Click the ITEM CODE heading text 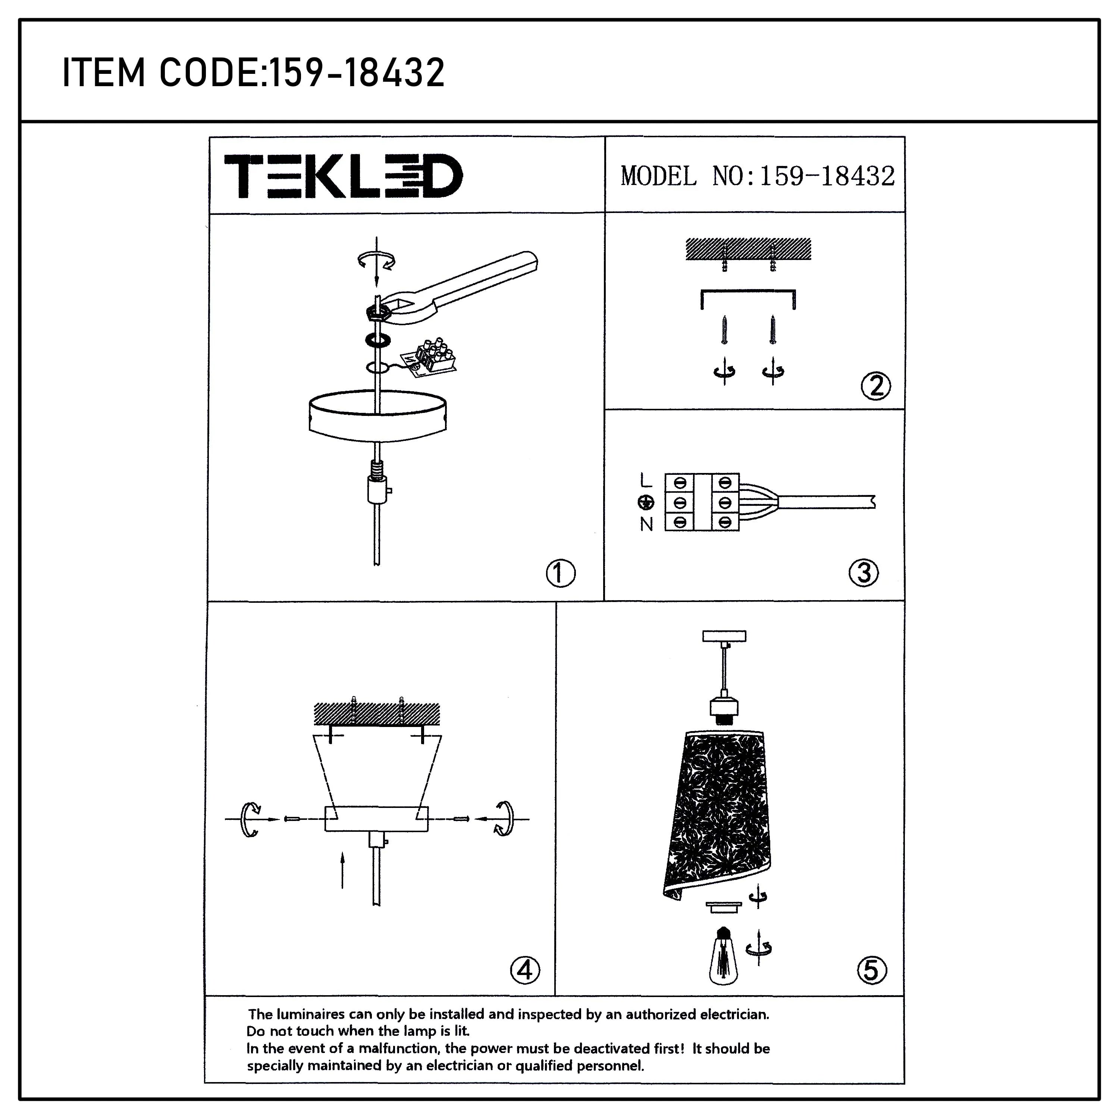[253, 73]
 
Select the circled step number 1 [560, 573]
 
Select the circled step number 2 [876, 386]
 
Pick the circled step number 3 [863, 573]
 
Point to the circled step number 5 [871, 970]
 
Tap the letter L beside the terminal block [646, 480]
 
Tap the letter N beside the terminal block [646, 524]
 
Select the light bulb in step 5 [723, 964]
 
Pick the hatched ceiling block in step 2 [748, 249]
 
